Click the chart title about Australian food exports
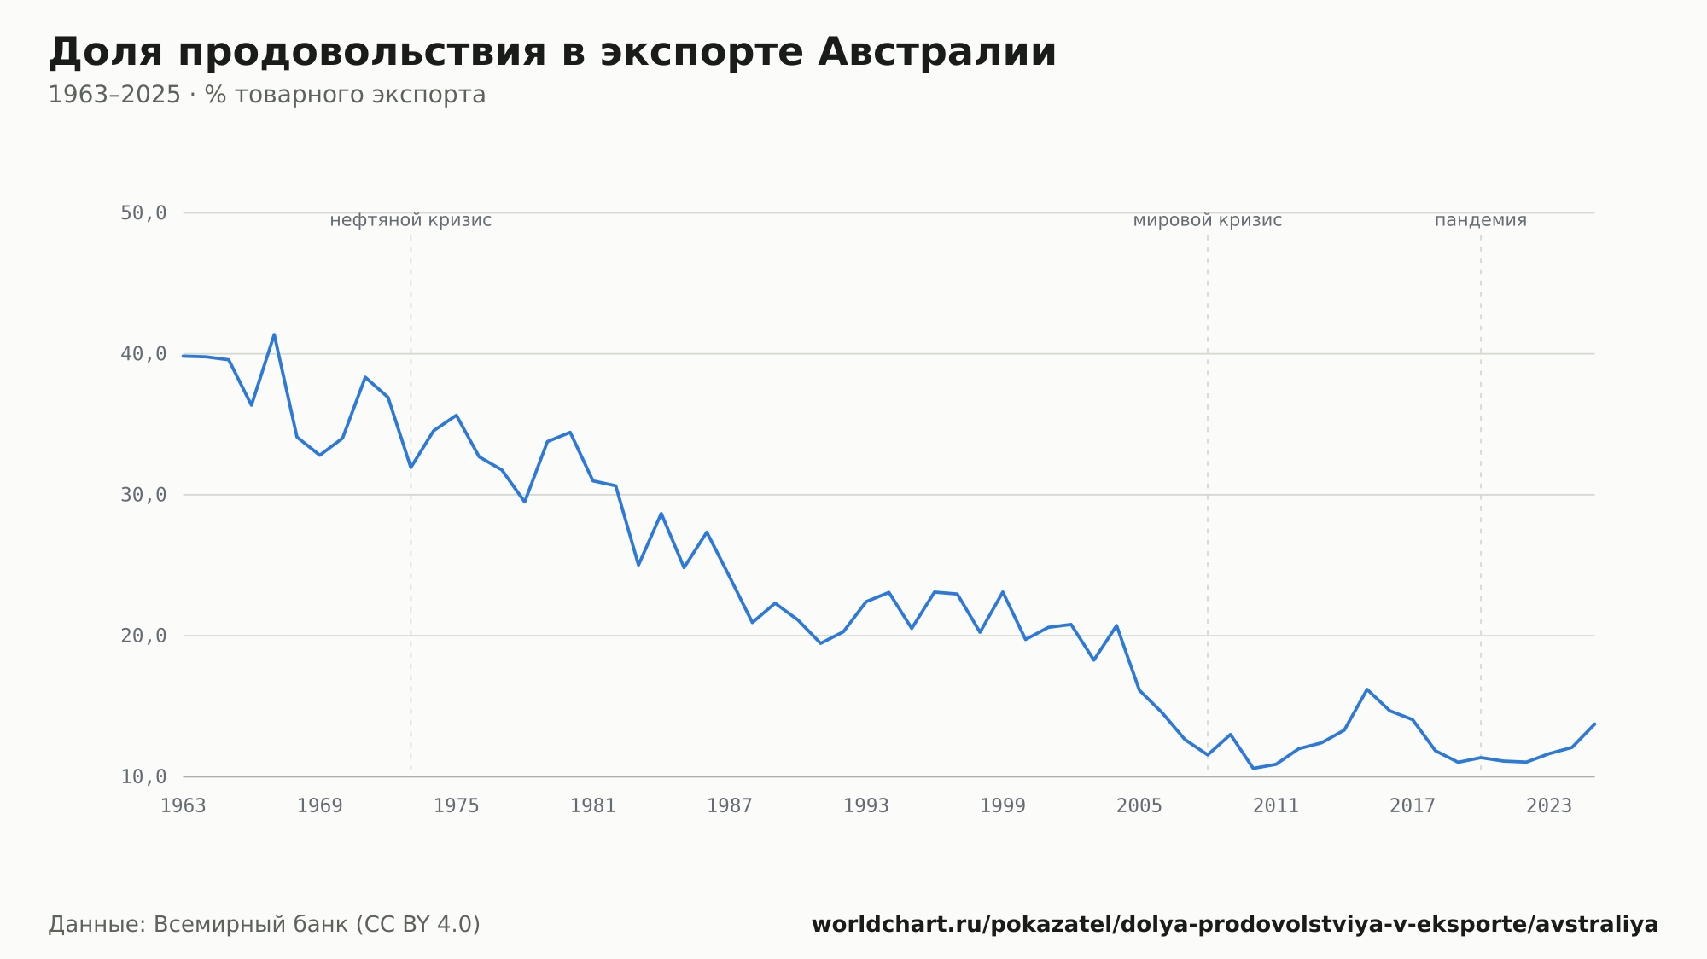pyautogui.click(x=552, y=53)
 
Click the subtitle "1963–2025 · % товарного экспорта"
pyautogui.click(x=267, y=95)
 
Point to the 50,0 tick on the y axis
pyautogui.click(x=143, y=212)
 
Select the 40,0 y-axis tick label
pyautogui.click(x=143, y=353)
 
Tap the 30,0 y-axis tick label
pyautogui.click(x=143, y=495)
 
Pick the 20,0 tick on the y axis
pyautogui.click(x=143, y=636)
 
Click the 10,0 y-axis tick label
pyautogui.click(x=143, y=776)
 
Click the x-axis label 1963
pyautogui.click(x=184, y=805)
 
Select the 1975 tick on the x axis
pyautogui.click(x=457, y=805)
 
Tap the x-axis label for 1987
pyautogui.click(x=730, y=805)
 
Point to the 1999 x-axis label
pyautogui.click(x=1003, y=805)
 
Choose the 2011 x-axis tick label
pyautogui.click(x=1276, y=805)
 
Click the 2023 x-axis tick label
pyautogui.click(x=1549, y=805)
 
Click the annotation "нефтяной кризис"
pyautogui.click(x=411, y=220)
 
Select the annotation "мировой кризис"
pyautogui.click(x=1208, y=220)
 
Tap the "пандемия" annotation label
pyautogui.click(x=1481, y=220)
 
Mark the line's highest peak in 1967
pyautogui.click(x=274, y=334)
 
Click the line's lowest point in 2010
pyautogui.click(x=1253, y=768)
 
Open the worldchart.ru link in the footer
pyautogui.click(x=1235, y=924)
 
